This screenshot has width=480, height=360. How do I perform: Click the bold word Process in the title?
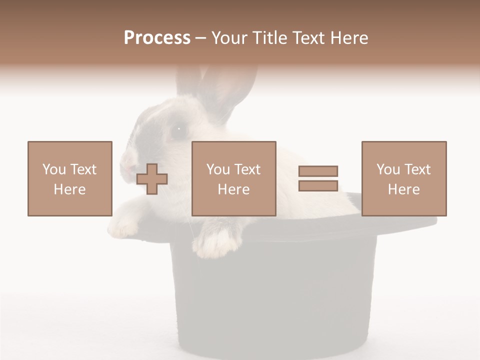point(157,37)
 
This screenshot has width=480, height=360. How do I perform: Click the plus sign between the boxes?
point(152,178)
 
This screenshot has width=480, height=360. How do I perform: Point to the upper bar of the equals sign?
point(318,171)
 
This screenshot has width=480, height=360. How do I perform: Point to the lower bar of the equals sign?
point(318,185)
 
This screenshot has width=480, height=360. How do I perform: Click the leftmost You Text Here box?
point(69,178)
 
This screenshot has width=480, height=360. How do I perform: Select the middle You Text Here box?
point(233,178)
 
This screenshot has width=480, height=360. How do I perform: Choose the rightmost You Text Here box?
point(403,178)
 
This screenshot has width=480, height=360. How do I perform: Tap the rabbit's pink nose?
point(126,162)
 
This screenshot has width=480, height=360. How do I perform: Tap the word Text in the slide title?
point(306,37)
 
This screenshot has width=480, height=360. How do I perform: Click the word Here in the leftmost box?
point(69,189)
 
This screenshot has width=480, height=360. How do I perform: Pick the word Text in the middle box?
point(247,169)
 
